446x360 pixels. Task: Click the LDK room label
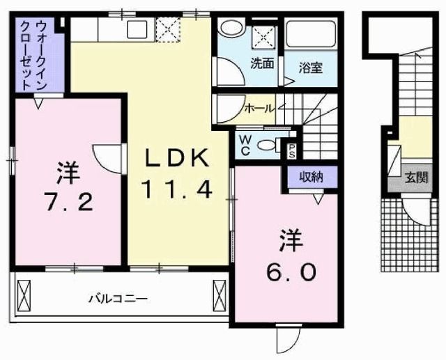176,159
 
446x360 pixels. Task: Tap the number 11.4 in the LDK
176,187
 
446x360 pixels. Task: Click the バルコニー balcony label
118,299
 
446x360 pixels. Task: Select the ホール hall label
259,108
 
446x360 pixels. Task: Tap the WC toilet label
245,144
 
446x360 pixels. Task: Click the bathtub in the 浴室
312,35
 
